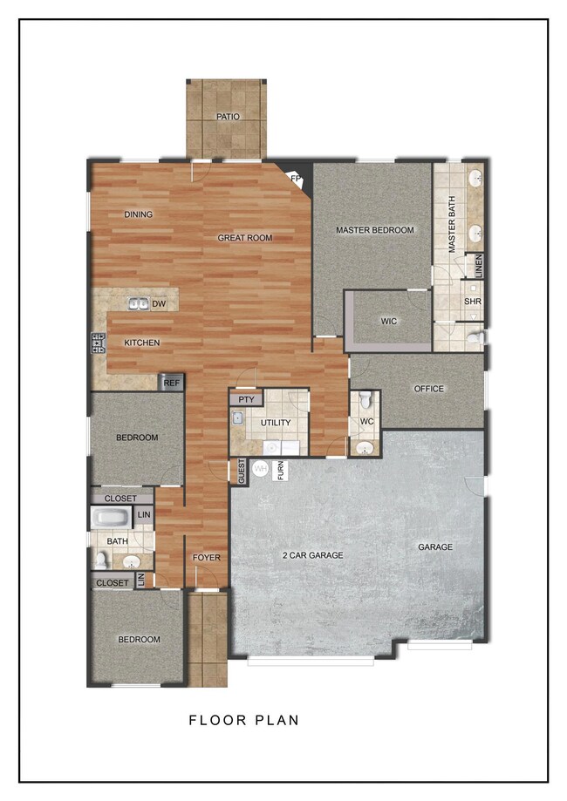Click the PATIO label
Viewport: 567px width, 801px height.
228,117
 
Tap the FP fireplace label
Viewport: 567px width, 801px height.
296,179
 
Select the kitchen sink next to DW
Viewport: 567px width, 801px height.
138,304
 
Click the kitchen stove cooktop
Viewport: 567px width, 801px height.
99,343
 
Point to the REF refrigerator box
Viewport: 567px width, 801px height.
171,383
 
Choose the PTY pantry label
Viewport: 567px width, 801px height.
247,399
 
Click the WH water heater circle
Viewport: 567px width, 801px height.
261,468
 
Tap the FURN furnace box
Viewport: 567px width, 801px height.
281,471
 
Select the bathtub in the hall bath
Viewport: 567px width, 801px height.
112,518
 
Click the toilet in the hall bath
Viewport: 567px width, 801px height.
100,560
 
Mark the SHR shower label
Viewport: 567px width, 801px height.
473,302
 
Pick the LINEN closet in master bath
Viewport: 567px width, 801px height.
479,266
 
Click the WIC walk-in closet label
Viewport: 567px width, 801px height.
388,322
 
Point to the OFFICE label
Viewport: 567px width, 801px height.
428,389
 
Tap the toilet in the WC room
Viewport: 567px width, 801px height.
365,400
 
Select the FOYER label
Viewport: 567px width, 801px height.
207,557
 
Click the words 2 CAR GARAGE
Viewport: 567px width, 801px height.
313,555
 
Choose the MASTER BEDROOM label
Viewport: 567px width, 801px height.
375,230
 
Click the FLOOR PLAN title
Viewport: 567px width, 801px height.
244,720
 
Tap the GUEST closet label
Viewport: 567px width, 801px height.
242,471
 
